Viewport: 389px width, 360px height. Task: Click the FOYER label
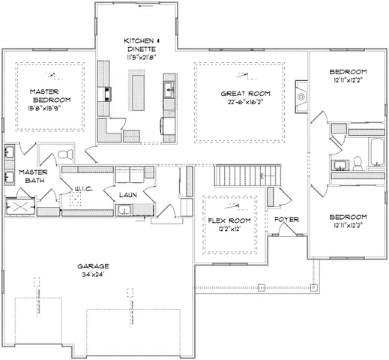click(x=287, y=219)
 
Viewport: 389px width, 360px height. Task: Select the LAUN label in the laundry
click(x=126, y=194)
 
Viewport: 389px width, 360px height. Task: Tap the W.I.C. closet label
click(x=82, y=189)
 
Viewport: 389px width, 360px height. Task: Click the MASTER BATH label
click(x=34, y=176)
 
